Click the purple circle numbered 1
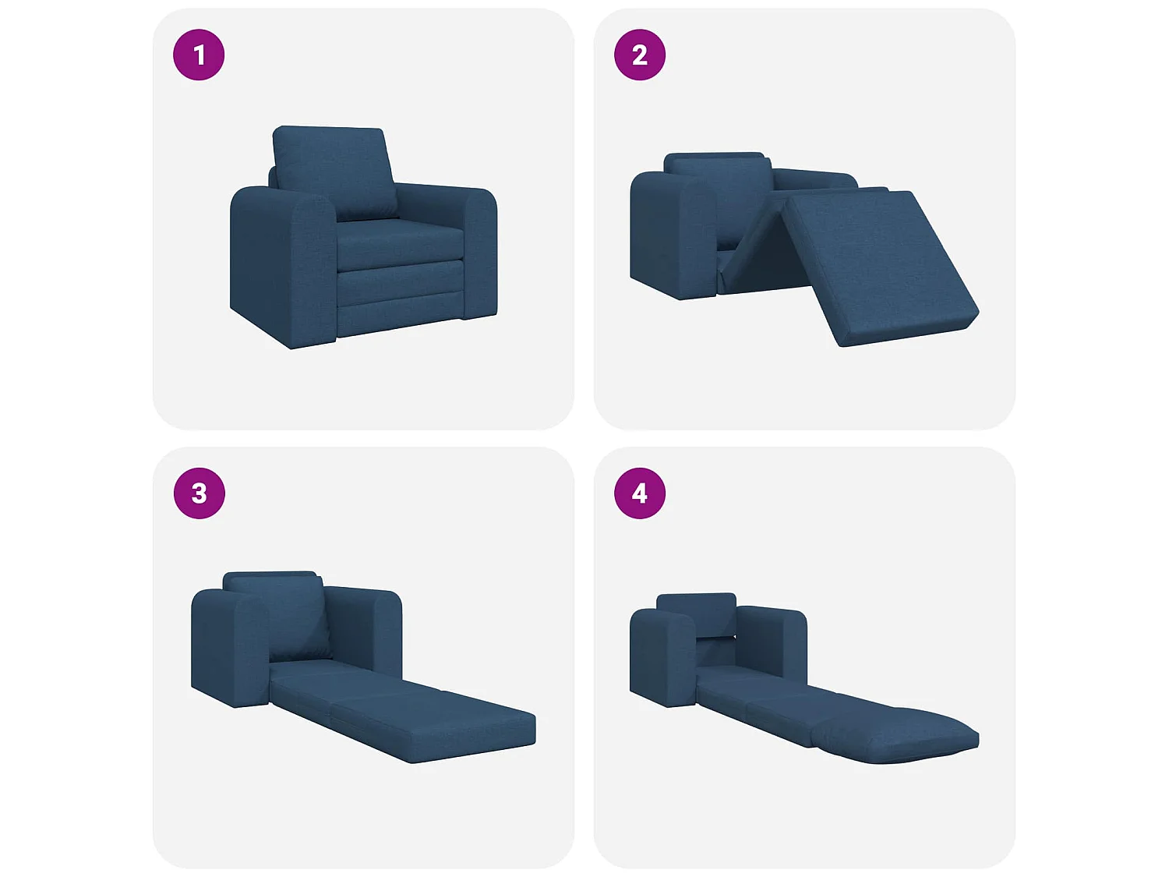point(199,55)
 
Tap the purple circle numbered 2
point(639,55)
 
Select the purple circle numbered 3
point(199,493)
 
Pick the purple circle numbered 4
point(639,493)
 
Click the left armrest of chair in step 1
point(281,265)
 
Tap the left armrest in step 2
point(670,234)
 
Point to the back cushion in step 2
point(721,191)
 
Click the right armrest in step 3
point(366,624)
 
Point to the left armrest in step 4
point(662,655)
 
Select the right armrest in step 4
point(772,639)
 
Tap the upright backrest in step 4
point(696,613)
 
